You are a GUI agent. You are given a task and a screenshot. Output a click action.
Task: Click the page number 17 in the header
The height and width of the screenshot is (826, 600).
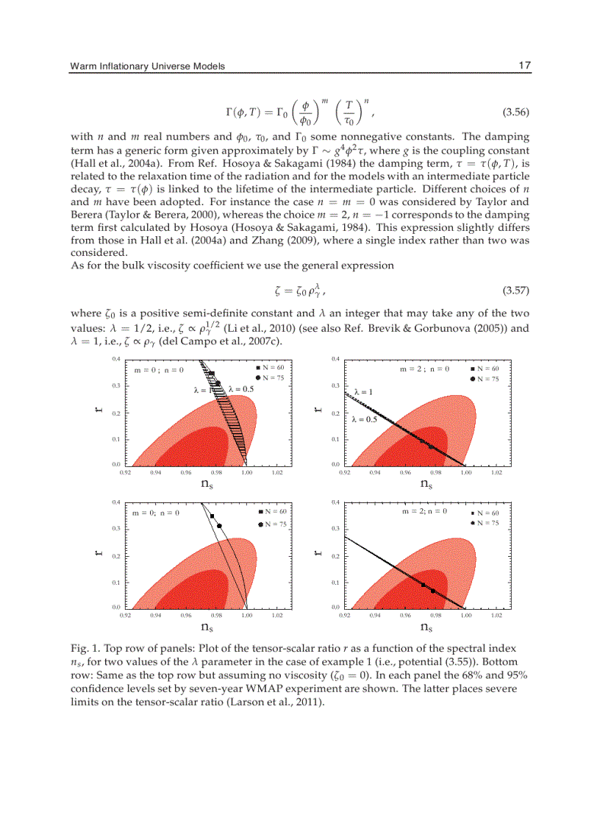point(524,66)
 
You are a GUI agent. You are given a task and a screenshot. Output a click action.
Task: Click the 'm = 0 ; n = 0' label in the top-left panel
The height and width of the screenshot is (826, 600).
point(158,370)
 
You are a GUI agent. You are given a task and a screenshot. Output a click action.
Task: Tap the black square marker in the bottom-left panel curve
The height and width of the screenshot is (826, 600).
point(212,516)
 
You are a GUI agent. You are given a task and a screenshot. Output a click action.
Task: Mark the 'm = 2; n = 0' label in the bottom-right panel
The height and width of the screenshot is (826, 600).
point(424,510)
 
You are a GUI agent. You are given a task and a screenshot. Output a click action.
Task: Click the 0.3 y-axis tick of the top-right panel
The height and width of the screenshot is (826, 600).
point(335,385)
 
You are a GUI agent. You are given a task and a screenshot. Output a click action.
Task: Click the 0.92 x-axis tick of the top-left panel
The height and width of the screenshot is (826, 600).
point(125,472)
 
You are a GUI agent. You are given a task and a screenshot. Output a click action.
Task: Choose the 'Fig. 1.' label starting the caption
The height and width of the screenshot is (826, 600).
point(82,649)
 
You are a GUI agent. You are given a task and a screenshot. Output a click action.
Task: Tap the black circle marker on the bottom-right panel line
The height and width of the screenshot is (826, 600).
point(433,591)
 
